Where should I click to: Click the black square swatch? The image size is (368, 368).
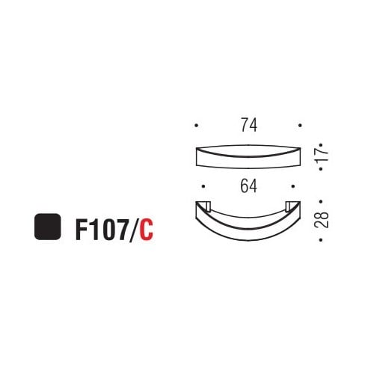tap(47, 227)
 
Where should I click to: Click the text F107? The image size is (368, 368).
tap(101, 228)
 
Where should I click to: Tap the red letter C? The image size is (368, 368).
tap(146, 228)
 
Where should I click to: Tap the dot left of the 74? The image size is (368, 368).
tap(196, 126)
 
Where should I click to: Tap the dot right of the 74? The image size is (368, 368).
tap(300, 126)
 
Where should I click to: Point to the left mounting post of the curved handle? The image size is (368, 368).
tap(204, 206)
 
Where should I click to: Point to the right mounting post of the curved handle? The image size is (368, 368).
tap(291, 206)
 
